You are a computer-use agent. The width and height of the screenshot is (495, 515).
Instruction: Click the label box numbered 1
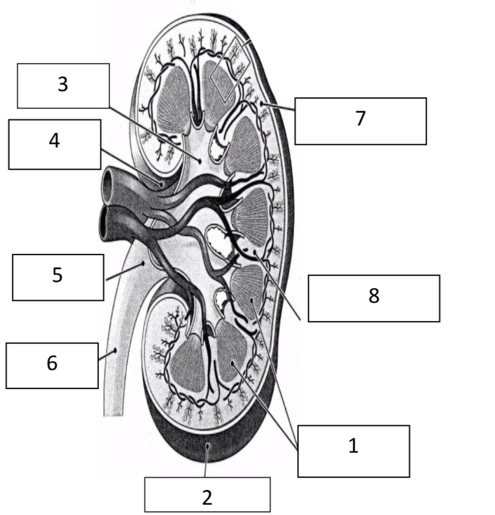(353, 451)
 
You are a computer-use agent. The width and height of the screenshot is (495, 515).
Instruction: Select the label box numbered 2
(207, 494)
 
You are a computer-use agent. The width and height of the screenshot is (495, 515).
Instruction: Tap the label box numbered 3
(63, 85)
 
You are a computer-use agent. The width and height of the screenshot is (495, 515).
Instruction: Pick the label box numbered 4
(54, 144)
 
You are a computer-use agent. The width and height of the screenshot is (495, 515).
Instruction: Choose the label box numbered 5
(57, 277)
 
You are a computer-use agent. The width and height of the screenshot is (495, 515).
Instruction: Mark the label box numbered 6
(52, 365)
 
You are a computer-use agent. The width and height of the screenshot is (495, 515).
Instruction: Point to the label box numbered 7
(360, 120)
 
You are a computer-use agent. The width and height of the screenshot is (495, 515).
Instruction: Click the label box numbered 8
(373, 298)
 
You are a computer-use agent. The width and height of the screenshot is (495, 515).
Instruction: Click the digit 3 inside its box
(63, 85)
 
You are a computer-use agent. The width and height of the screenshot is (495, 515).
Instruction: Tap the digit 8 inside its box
(374, 297)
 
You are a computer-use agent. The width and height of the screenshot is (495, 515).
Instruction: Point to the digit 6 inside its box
(52, 363)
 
